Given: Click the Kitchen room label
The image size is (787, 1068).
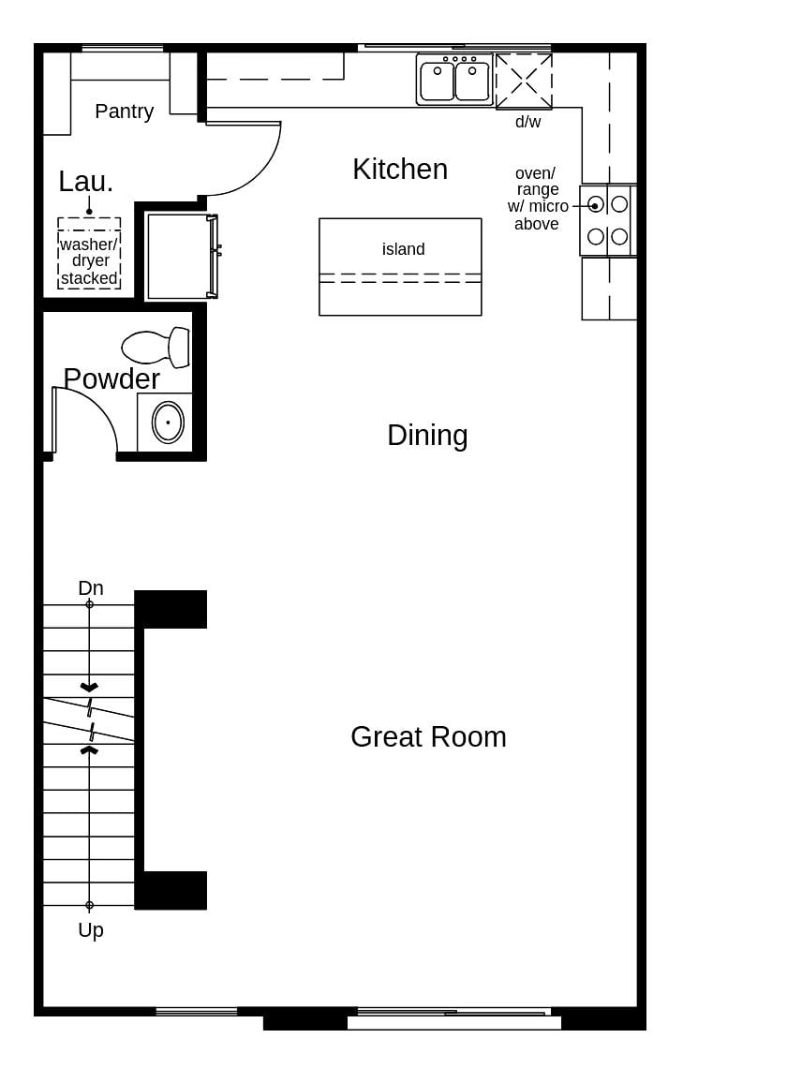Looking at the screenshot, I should pyautogui.click(x=400, y=170).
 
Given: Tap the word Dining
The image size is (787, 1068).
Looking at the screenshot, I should pyautogui.click(x=427, y=436).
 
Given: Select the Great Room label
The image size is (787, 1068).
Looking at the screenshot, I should pyautogui.click(x=428, y=737).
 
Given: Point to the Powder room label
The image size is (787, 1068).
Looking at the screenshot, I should pyautogui.click(x=111, y=379).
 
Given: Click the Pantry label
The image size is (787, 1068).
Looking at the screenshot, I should pyautogui.click(x=124, y=111).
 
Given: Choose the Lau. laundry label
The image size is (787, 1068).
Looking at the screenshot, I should pyautogui.click(x=85, y=182).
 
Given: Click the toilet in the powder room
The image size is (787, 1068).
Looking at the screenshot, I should pyautogui.click(x=155, y=348).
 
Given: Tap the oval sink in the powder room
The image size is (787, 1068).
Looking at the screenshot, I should pyautogui.click(x=168, y=423).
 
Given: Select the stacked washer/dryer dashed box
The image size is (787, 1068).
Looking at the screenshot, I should pyautogui.click(x=89, y=253).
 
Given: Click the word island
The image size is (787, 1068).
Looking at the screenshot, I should pyautogui.click(x=403, y=249).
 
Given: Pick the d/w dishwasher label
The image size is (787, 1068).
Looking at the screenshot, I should pyautogui.click(x=527, y=122).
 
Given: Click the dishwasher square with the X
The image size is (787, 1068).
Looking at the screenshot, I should pyautogui.click(x=524, y=82).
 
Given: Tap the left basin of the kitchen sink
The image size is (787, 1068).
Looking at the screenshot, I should pyautogui.click(x=437, y=82).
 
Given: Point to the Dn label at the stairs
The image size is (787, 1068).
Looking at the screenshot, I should pyautogui.click(x=91, y=588).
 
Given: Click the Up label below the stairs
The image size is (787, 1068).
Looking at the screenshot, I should pyautogui.click(x=91, y=930).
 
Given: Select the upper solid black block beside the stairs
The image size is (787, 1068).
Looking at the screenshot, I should pyautogui.click(x=171, y=609).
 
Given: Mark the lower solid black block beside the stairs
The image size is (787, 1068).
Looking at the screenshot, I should pyautogui.click(x=171, y=890).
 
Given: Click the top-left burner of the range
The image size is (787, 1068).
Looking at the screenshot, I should pyautogui.click(x=595, y=204).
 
